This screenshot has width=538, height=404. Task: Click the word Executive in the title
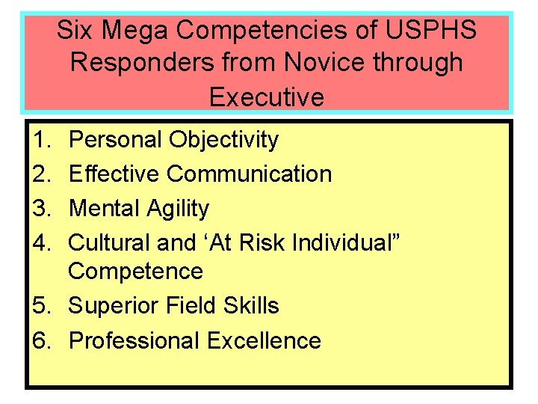pos(267,97)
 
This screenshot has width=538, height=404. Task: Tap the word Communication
pos(250,174)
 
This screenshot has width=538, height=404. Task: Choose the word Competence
pos(135,271)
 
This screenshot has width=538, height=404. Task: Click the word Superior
pos(112,306)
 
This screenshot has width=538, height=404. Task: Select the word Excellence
pos(264,340)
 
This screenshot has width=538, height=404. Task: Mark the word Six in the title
pos(75,31)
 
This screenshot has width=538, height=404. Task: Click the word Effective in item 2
pos(114,174)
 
